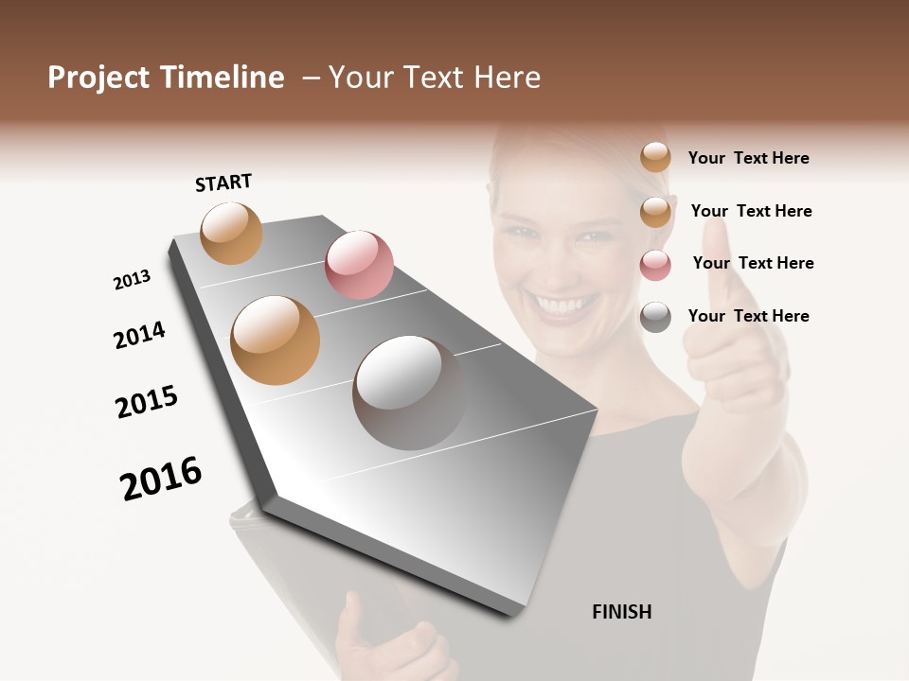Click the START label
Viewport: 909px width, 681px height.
pyautogui.click(x=223, y=183)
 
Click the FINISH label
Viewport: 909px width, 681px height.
pyautogui.click(x=621, y=612)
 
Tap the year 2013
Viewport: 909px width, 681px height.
pyautogui.click(x=132, y=280)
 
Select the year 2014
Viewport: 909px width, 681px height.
pyautogui.click(x=139, y=335)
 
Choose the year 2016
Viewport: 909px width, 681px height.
pyautogui.click(x=161, y=479)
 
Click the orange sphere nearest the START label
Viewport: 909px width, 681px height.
pyautogui.click(x=231, y=233)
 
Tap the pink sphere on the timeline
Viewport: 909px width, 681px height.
pyautogui.click(x=359, y=265)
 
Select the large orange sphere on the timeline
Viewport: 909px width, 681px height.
pyautogui.click(x=275, y=340)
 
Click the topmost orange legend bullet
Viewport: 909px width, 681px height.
pyautogui.click(x=655, y=157)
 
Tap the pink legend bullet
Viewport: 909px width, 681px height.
pyautogui.click(x=655, y=265)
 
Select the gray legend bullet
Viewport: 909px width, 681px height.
pyautogui.click(x=655, y=317)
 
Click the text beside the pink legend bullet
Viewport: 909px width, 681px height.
pyautogui.click(x=753, y=263)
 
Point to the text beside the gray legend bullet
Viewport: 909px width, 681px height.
pyautogui.click(x=748, y=316)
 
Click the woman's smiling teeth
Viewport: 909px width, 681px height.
pyautogui.click(x=562, y=306)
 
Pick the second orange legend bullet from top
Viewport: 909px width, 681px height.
pyautogui.click(x=655, y=212)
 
